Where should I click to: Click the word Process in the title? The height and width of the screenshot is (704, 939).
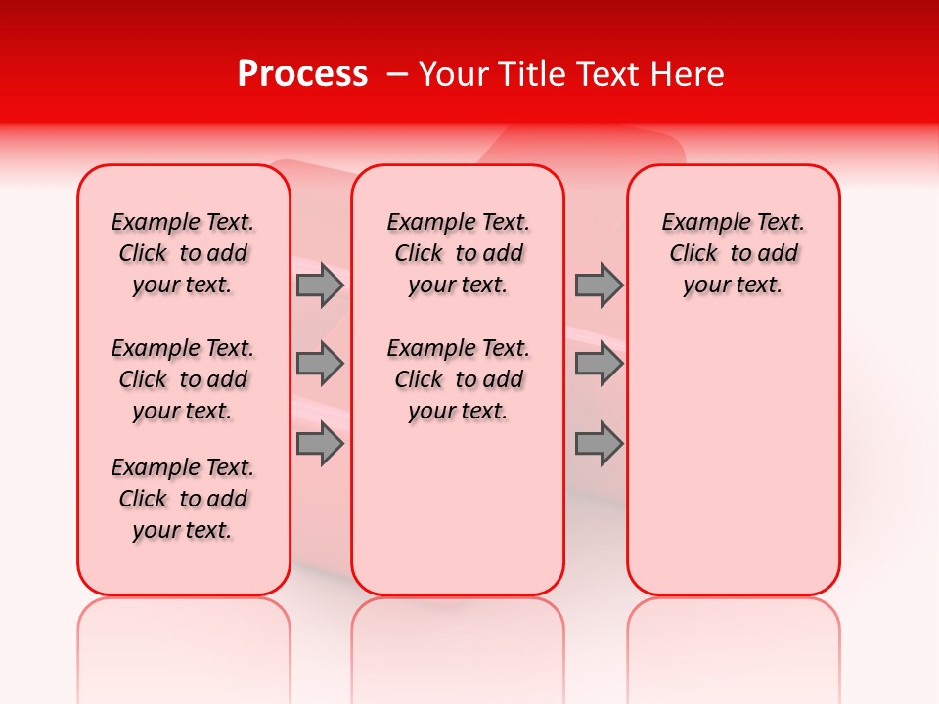302,74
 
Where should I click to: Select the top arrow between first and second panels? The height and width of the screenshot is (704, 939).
320,285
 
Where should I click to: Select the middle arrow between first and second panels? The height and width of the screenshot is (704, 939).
320,364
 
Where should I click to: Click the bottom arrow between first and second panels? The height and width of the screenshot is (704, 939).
320,443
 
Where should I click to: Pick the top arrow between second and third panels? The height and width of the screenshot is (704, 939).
599,285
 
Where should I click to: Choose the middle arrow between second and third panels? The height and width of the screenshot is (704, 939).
599,364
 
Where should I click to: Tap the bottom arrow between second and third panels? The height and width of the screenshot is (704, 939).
599,443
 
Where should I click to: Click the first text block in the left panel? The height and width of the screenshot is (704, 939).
183,253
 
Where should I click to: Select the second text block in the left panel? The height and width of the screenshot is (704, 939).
183,379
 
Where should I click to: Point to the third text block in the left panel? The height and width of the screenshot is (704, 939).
183,499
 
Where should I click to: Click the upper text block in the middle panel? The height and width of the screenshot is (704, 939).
458,253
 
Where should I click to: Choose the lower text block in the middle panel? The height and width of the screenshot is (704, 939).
458,379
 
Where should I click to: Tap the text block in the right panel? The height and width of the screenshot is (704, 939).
733,253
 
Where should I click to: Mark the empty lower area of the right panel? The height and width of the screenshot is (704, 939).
733,460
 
